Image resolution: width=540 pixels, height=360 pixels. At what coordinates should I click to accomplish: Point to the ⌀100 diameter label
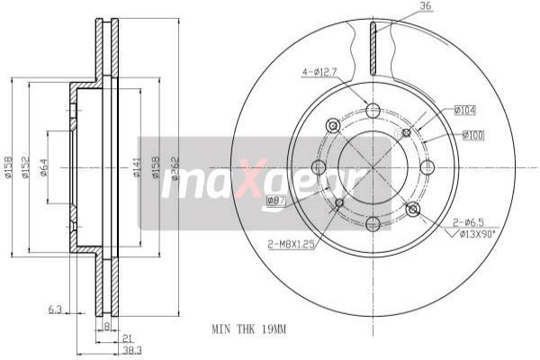click(x=473, y=136)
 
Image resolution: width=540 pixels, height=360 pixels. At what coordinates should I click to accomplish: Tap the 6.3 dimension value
click(x=55, y=310)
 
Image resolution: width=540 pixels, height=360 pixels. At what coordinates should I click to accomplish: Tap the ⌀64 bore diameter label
click(x=44, y=167)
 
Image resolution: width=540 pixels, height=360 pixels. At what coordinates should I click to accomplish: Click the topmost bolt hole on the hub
click(x=373, y=111)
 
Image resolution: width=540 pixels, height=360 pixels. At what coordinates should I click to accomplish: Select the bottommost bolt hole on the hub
click(x=373, y=223)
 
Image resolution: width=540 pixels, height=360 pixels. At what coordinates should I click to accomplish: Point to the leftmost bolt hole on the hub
click(x=318, y=167)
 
